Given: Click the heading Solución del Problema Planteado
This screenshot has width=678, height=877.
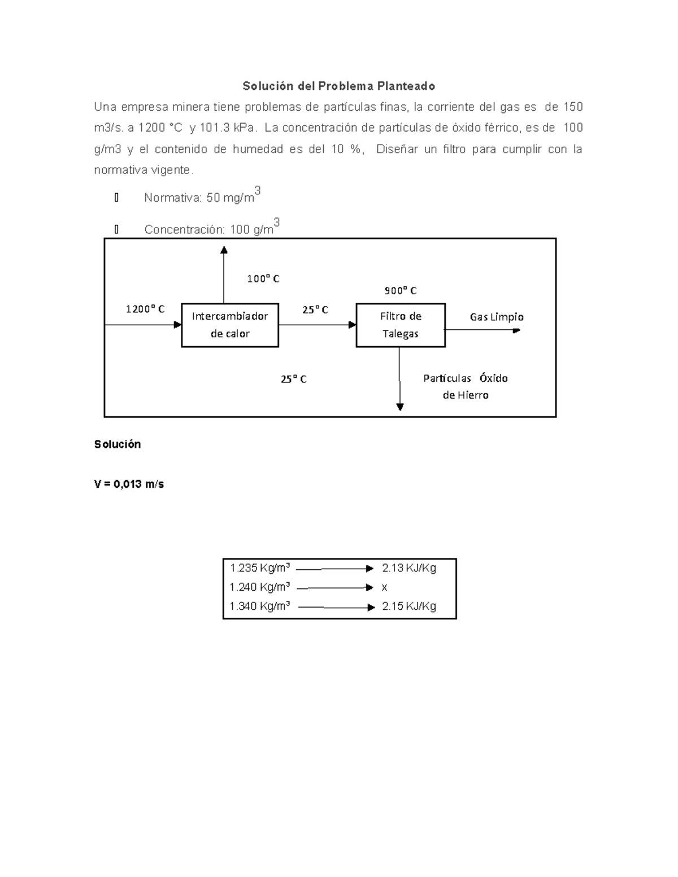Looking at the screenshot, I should (x=338, y=86).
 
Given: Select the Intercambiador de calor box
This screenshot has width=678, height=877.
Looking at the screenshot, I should (x=230, y=325).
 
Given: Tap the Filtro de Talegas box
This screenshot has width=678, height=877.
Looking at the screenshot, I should (x=401, y=325).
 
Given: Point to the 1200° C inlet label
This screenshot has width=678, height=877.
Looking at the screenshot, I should (x=145, y=309).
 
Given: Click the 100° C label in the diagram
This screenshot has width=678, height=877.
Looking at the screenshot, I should (x=263, y=278).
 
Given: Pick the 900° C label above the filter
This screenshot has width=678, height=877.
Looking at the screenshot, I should (x=401, y=291).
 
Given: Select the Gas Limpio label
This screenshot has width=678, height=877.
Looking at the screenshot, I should (x=497, y=317).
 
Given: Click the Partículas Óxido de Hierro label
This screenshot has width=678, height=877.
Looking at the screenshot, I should (x=466, y=386).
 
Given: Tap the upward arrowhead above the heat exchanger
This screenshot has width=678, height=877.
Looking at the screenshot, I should (x=224, y=250).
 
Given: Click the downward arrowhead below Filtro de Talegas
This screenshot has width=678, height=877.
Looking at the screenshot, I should (x=400, y=406).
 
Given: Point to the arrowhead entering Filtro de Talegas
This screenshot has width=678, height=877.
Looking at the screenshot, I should (x=353, y=325).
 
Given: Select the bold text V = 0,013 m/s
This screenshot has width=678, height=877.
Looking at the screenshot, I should (x=129, y=484).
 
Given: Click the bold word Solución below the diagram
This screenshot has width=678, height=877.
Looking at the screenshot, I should (x=118, y=444).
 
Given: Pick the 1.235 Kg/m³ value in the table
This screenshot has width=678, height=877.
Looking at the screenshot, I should (x=260, y=568).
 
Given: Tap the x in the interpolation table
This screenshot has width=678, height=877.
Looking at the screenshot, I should (x=384, y=587).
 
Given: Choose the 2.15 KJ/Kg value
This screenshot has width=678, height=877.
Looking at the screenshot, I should (x=409, y=607).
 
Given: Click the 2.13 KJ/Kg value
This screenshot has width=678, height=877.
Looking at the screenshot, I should (x=409, y=568).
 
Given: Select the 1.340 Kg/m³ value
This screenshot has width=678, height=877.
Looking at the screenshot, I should (x=260, y=607).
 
